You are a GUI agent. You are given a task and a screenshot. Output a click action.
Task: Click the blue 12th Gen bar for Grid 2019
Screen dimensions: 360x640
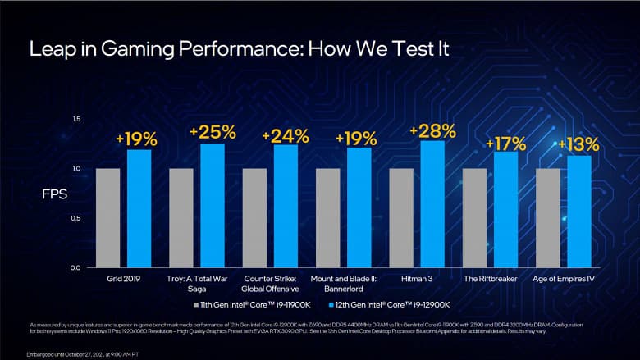point(139,208)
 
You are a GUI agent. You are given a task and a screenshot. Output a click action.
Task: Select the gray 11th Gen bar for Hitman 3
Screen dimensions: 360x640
point(401,218)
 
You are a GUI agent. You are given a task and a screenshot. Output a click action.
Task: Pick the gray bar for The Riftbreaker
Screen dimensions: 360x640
point(474,218)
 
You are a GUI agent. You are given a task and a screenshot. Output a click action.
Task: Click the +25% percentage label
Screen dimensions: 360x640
point(213,132)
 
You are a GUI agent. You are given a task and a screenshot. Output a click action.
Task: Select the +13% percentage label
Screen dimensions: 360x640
point(578,145)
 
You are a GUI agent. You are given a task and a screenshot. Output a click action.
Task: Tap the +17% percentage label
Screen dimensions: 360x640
point(505,144)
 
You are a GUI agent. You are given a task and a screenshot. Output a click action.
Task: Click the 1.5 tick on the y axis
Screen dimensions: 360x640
point(76,120)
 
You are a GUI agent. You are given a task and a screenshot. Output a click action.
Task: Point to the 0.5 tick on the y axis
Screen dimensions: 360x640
point(76,218)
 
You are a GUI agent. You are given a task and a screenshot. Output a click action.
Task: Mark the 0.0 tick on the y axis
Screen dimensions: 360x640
point(76,268)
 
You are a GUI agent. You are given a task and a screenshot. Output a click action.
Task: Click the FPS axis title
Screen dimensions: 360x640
point(54,195)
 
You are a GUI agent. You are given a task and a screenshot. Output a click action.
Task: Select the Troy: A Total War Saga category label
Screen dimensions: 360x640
point(199,284)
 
